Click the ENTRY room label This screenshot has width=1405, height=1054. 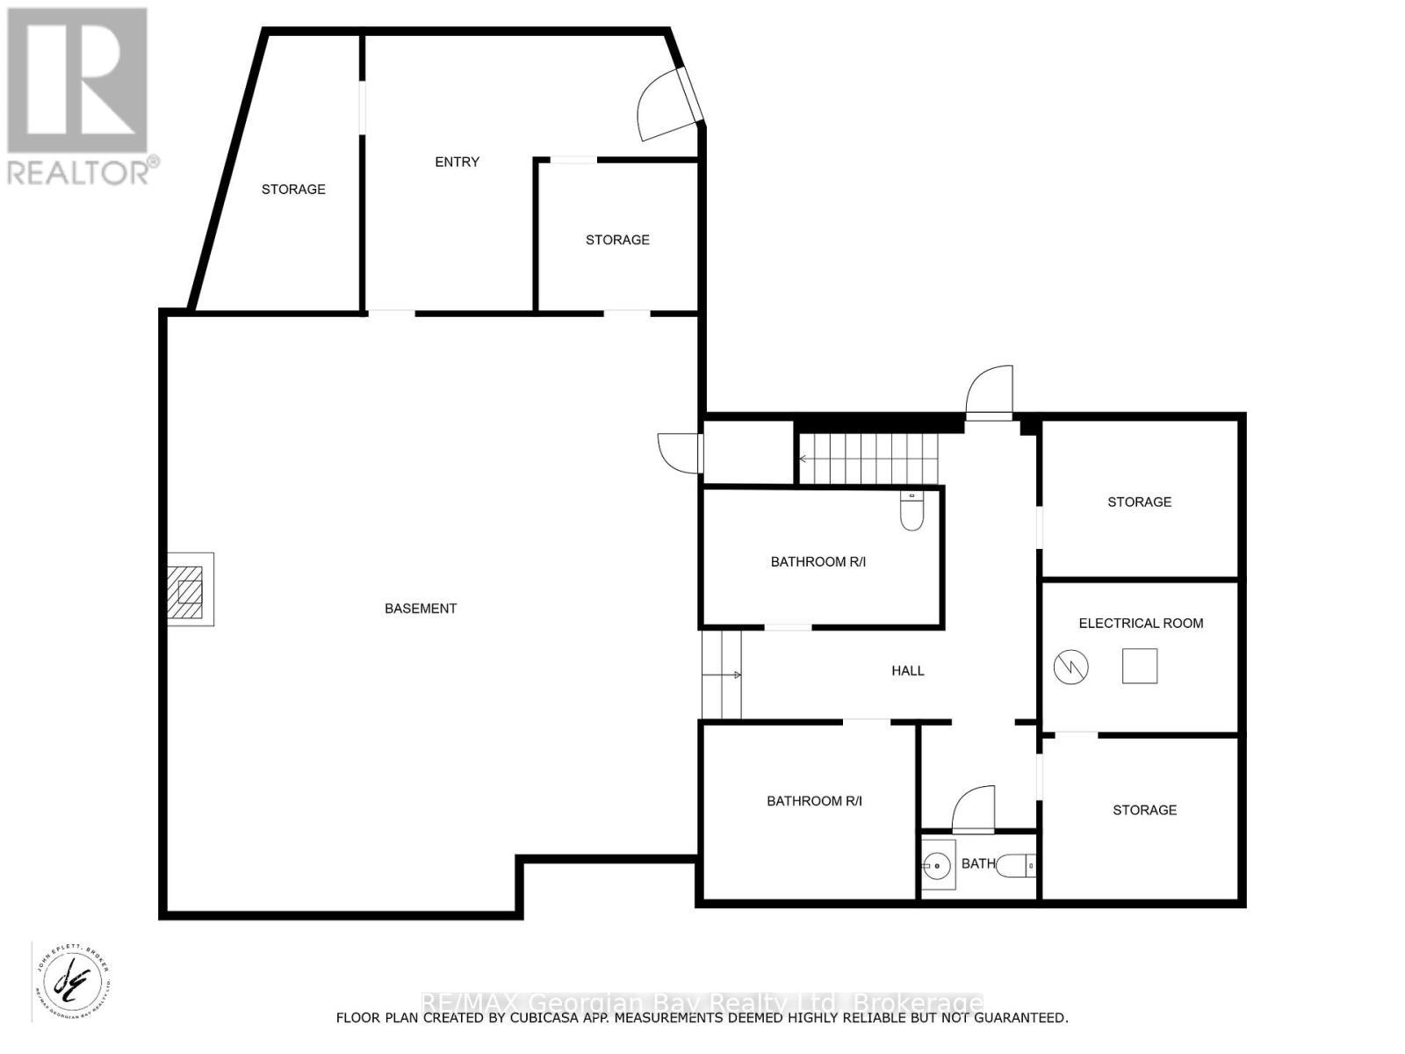458,162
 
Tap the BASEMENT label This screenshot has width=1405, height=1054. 421,608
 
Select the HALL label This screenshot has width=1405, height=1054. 908,670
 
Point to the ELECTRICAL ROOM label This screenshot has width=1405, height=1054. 1141,623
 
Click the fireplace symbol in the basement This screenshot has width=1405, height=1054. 190,589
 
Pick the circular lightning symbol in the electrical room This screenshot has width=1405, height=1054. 1070,667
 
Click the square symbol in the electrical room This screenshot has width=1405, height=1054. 1140,666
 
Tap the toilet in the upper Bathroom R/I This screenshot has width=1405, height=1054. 912,511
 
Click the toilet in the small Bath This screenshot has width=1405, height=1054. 1019,866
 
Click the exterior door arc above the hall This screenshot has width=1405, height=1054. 990,391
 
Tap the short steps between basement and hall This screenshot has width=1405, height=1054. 722,675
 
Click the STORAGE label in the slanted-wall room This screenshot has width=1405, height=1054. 293,189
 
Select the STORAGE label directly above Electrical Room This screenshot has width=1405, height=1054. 1139,502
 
